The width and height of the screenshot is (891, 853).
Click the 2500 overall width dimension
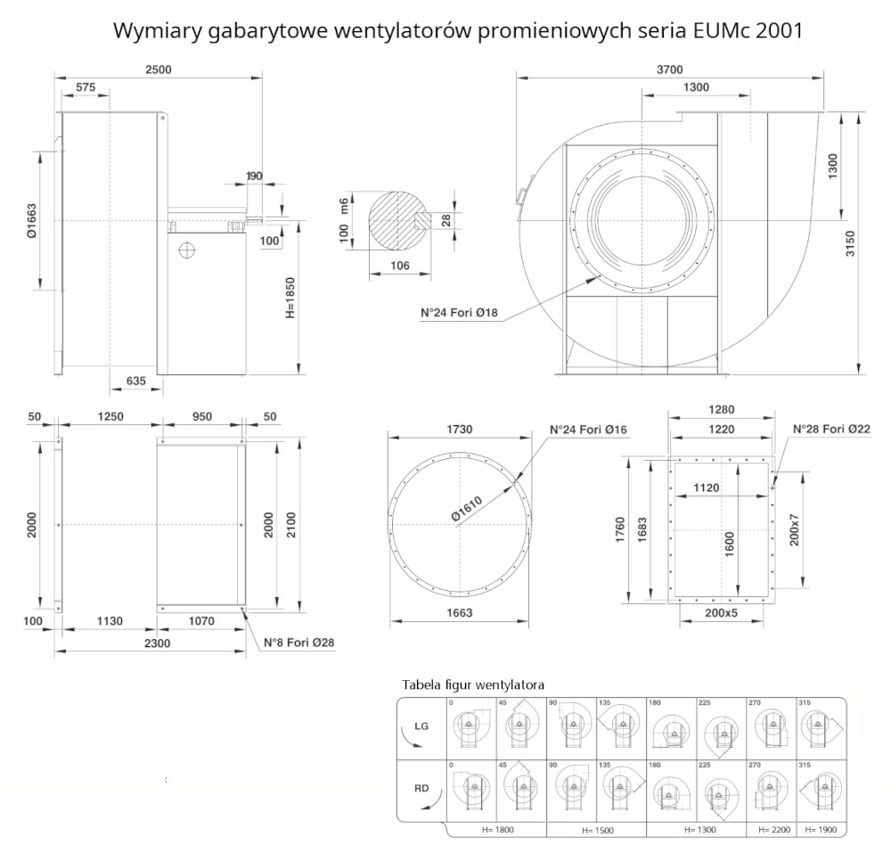pos(159,70)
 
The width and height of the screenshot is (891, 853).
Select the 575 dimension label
pos(86,87)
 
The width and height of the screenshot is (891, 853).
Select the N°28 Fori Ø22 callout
pos(832,430)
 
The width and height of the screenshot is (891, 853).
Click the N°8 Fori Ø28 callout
pos(298,642)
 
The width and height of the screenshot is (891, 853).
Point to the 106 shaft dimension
pos(400,265)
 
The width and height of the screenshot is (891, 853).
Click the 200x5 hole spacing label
pos(721,614)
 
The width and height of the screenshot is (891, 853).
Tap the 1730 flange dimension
pos(458,430)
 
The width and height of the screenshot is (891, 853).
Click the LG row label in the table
pos(422,726)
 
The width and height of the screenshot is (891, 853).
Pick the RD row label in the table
pos(422,788)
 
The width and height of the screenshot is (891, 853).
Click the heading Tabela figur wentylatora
pos(473,685)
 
